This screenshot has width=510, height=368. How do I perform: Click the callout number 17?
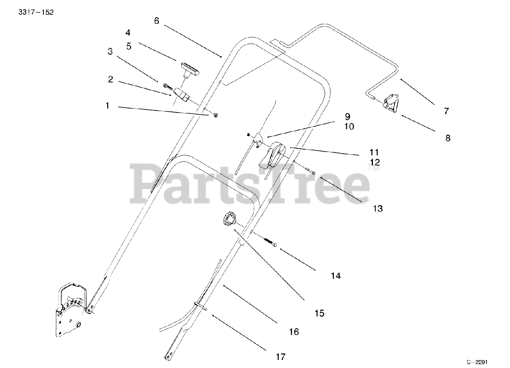[x=280, y=357]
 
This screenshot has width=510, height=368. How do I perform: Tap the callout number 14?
[x=336, y=275]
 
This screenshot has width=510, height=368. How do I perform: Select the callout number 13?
[x=377, y=208]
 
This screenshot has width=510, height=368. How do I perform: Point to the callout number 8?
[x=448, y=138]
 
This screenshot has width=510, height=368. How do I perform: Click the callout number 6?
[x=157, y=21]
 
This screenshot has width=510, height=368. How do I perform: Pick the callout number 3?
[x=110, y=51]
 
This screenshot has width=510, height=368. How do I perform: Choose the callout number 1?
[x=107, y=105]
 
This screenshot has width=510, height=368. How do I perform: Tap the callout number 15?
[x=319, y=313]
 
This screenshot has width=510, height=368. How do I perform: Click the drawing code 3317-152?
[x=36, y=12]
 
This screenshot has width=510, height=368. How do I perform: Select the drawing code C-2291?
[x=477, y=362]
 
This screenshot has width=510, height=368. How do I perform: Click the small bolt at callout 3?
[x=167, y=86]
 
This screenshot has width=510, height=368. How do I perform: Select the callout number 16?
[x=294, y=331]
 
